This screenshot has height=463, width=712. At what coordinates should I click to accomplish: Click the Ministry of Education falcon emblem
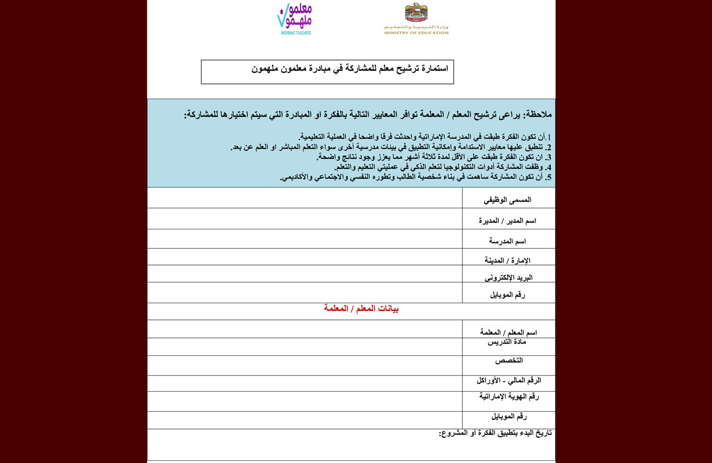(416, 13)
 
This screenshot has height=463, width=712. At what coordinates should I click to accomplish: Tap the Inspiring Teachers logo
(295, 19)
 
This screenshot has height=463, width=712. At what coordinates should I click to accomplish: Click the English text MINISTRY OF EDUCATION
(416, 33)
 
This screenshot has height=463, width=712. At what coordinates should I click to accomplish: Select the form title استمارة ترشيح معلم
(350, 68)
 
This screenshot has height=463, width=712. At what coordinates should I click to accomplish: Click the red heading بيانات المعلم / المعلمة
(361, 309)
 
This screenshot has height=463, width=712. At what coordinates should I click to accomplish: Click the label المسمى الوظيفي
(507, 200)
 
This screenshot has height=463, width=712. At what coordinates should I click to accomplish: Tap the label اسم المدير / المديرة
(507, 221)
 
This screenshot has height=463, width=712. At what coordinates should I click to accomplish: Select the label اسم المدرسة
(507, 241)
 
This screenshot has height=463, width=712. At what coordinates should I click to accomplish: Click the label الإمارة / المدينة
(507, 261)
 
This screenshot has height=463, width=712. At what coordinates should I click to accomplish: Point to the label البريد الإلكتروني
(508, 278)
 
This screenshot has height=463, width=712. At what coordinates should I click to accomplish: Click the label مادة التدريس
(507, 342)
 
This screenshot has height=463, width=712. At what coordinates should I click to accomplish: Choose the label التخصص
(509, 361)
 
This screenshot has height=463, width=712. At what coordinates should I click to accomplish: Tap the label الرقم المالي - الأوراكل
(509, 381)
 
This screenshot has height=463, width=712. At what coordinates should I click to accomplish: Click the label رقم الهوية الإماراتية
(509, 396)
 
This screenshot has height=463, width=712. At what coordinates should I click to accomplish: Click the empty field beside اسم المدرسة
(305, 239)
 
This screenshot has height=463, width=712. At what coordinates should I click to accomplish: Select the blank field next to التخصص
(305, 365)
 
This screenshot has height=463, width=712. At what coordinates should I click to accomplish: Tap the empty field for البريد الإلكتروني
(305, 274)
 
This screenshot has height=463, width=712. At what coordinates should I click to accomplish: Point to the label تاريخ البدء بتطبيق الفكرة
(495, 433)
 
